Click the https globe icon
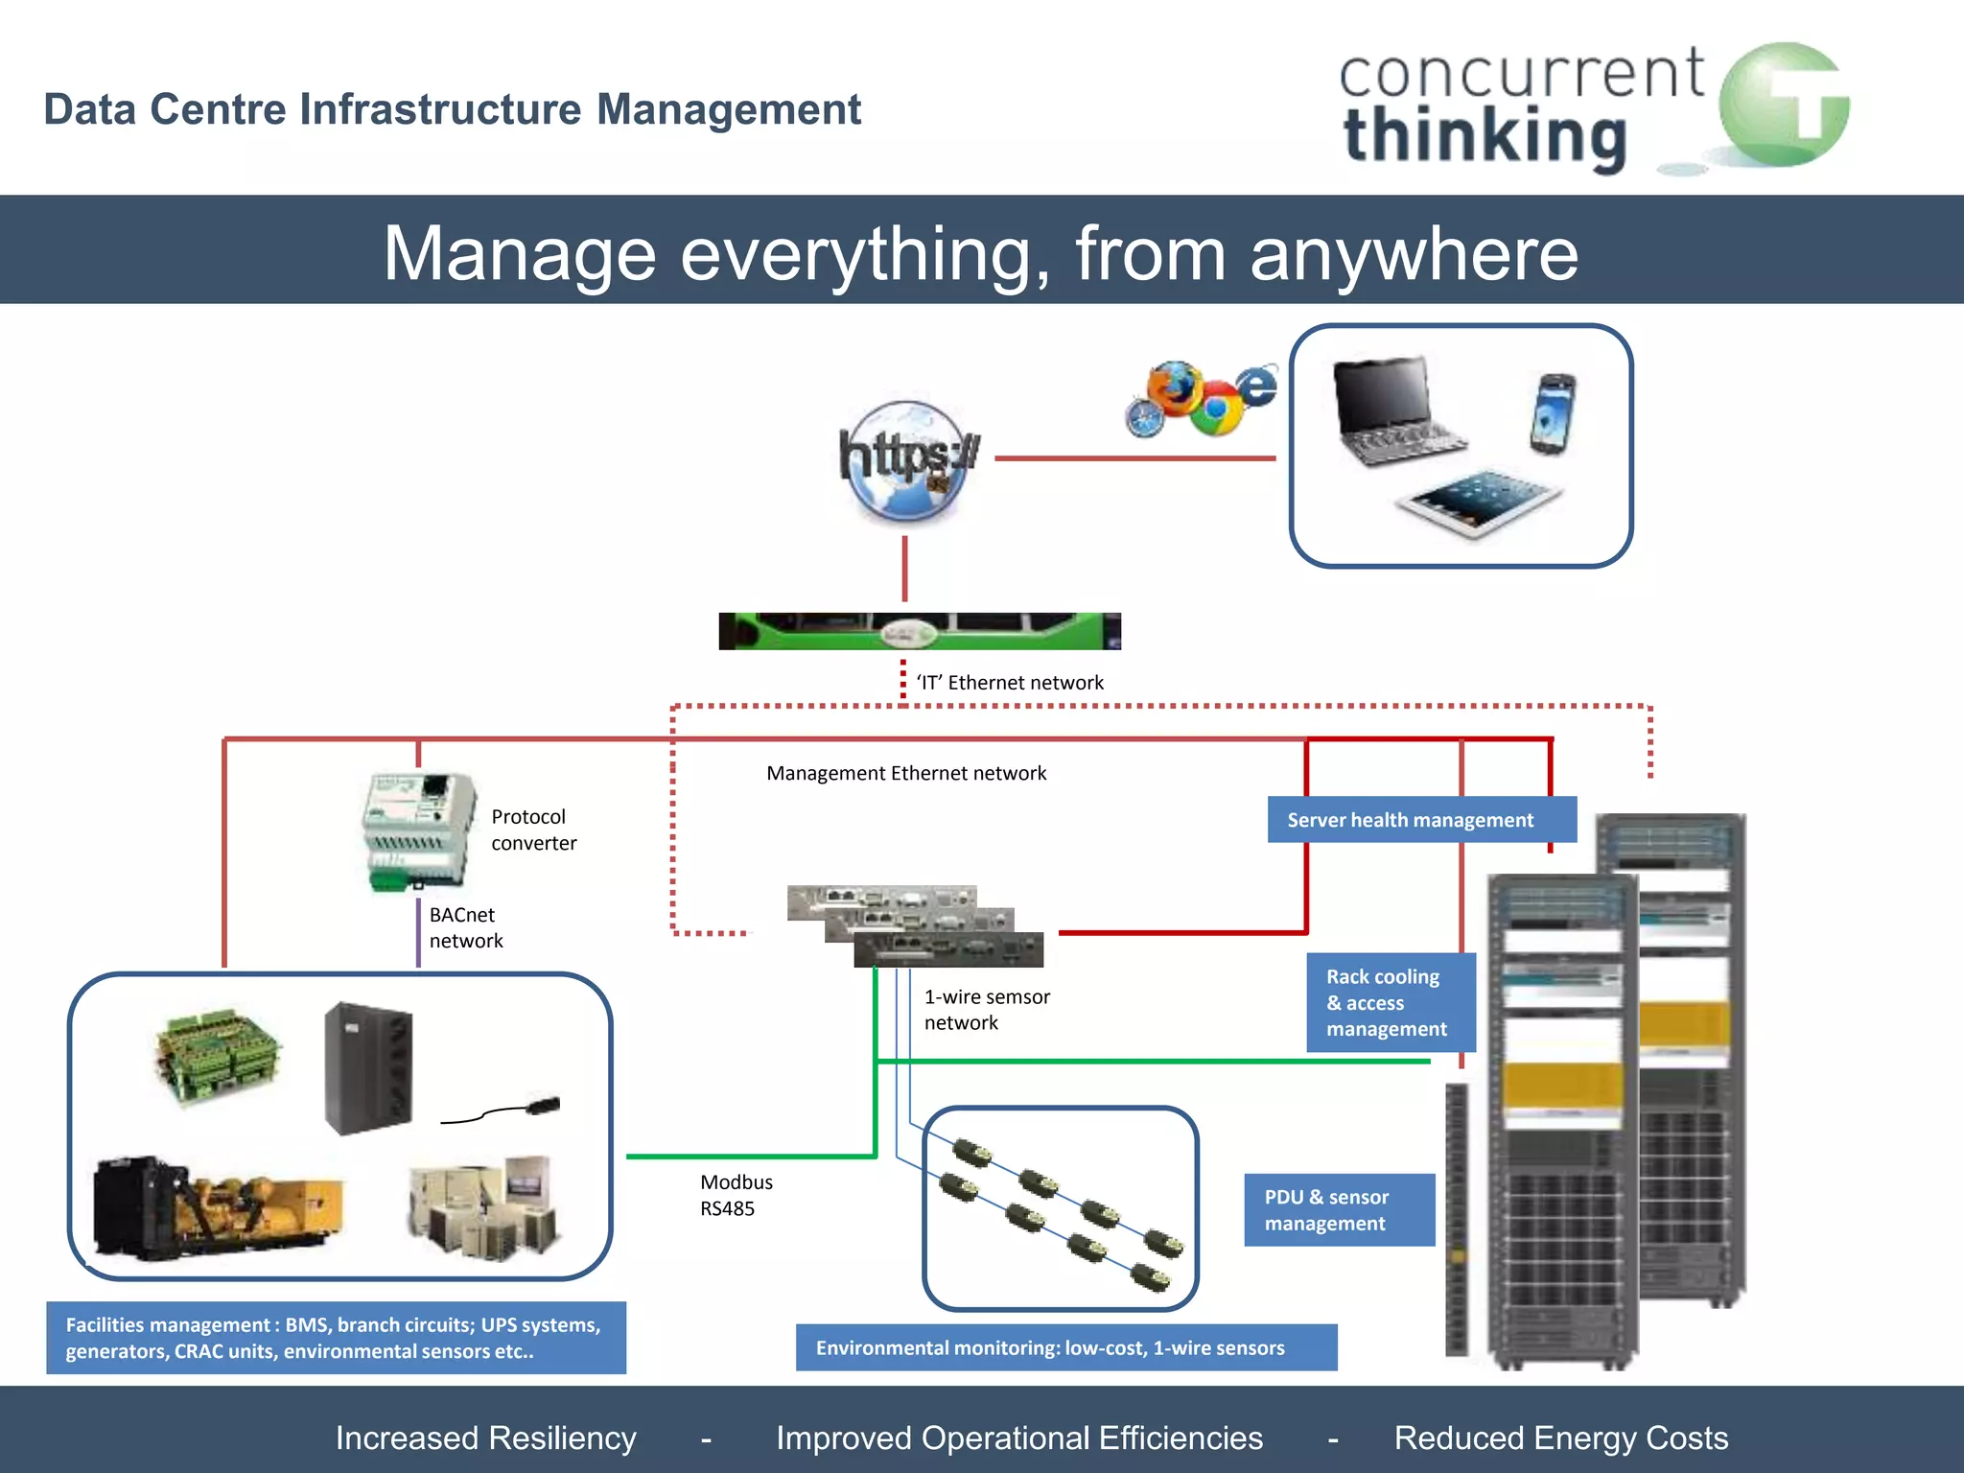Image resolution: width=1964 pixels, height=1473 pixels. coord(906,461)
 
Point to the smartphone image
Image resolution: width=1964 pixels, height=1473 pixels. coord(1552,413)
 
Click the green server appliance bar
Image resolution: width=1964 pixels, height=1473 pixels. coord(919,631)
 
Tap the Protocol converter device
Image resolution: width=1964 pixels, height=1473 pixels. coord(419,830)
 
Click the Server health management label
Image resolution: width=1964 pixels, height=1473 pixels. coord(1410,820)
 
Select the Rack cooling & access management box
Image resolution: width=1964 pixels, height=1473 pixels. coord(1389,1002)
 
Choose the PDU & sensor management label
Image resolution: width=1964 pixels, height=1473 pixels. coord(1338,1209)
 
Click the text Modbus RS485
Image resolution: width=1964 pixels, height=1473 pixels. coord(736,1195)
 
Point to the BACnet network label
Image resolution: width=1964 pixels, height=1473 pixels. coord(465,927)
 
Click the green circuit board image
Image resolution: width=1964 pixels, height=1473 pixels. coord(218,1056)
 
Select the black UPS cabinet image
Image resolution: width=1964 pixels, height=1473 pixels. coord(368,1067)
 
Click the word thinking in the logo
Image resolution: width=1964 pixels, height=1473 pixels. coord(1485,137)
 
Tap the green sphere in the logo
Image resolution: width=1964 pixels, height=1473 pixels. coord(1783,105)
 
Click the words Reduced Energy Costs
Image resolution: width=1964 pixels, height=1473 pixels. coord(1560,1438)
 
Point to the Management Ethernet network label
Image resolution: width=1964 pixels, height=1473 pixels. coord(905,773)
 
